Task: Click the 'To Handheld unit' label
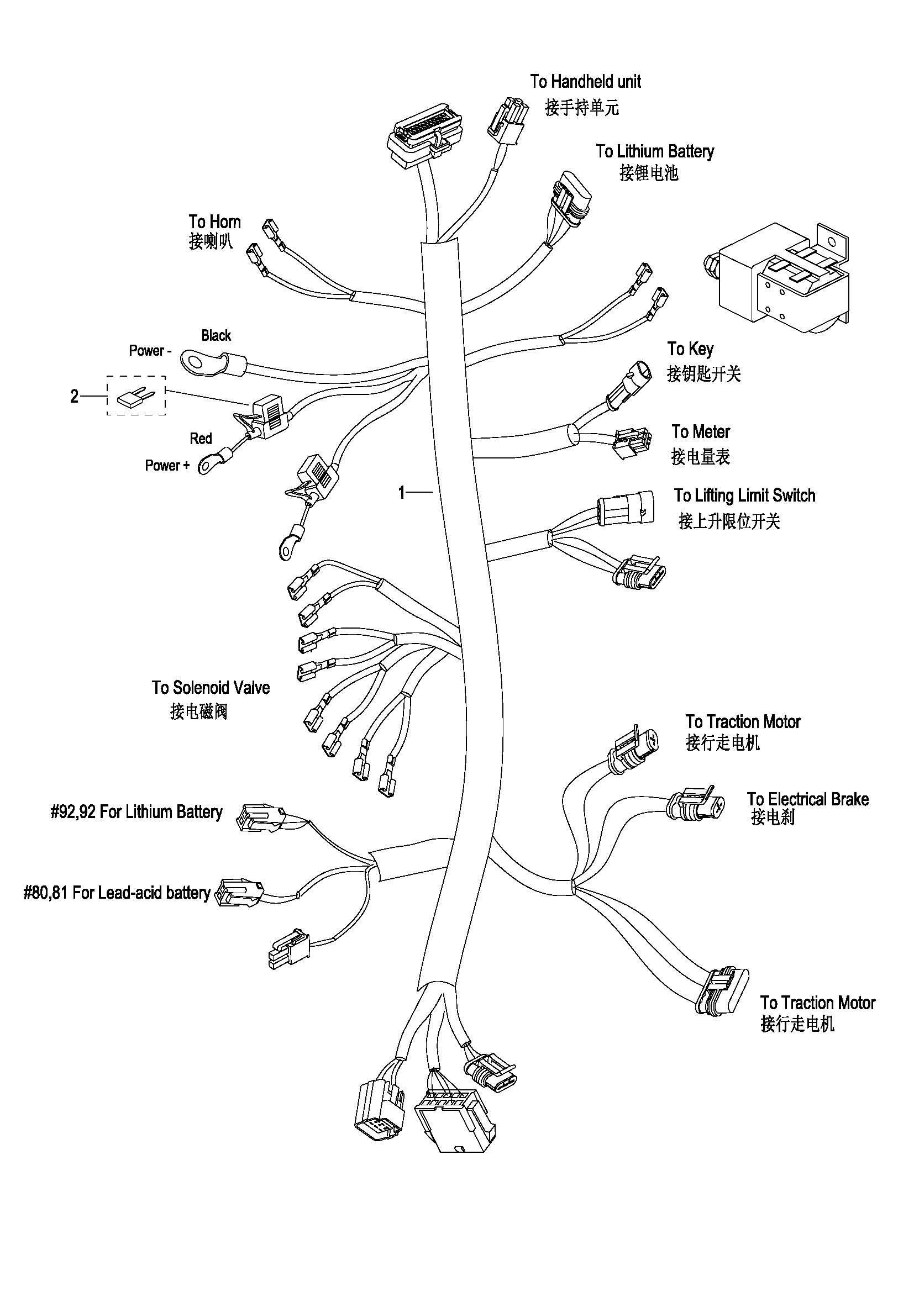(585, 82)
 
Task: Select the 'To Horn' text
(214, 222)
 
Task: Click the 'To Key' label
(690, 349)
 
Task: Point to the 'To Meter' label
(700, 432)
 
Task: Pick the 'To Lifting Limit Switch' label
(744, 495)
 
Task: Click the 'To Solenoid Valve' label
(211, 688)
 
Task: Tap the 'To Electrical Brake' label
(808, 799)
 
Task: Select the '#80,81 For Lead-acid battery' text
(117, 893)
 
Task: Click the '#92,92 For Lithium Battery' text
(136, 812)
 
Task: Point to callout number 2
(74, 397)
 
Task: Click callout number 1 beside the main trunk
(401, 493)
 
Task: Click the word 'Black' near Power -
(216, 336)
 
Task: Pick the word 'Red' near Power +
(201, 439)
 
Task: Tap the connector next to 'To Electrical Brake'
(696, 806)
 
